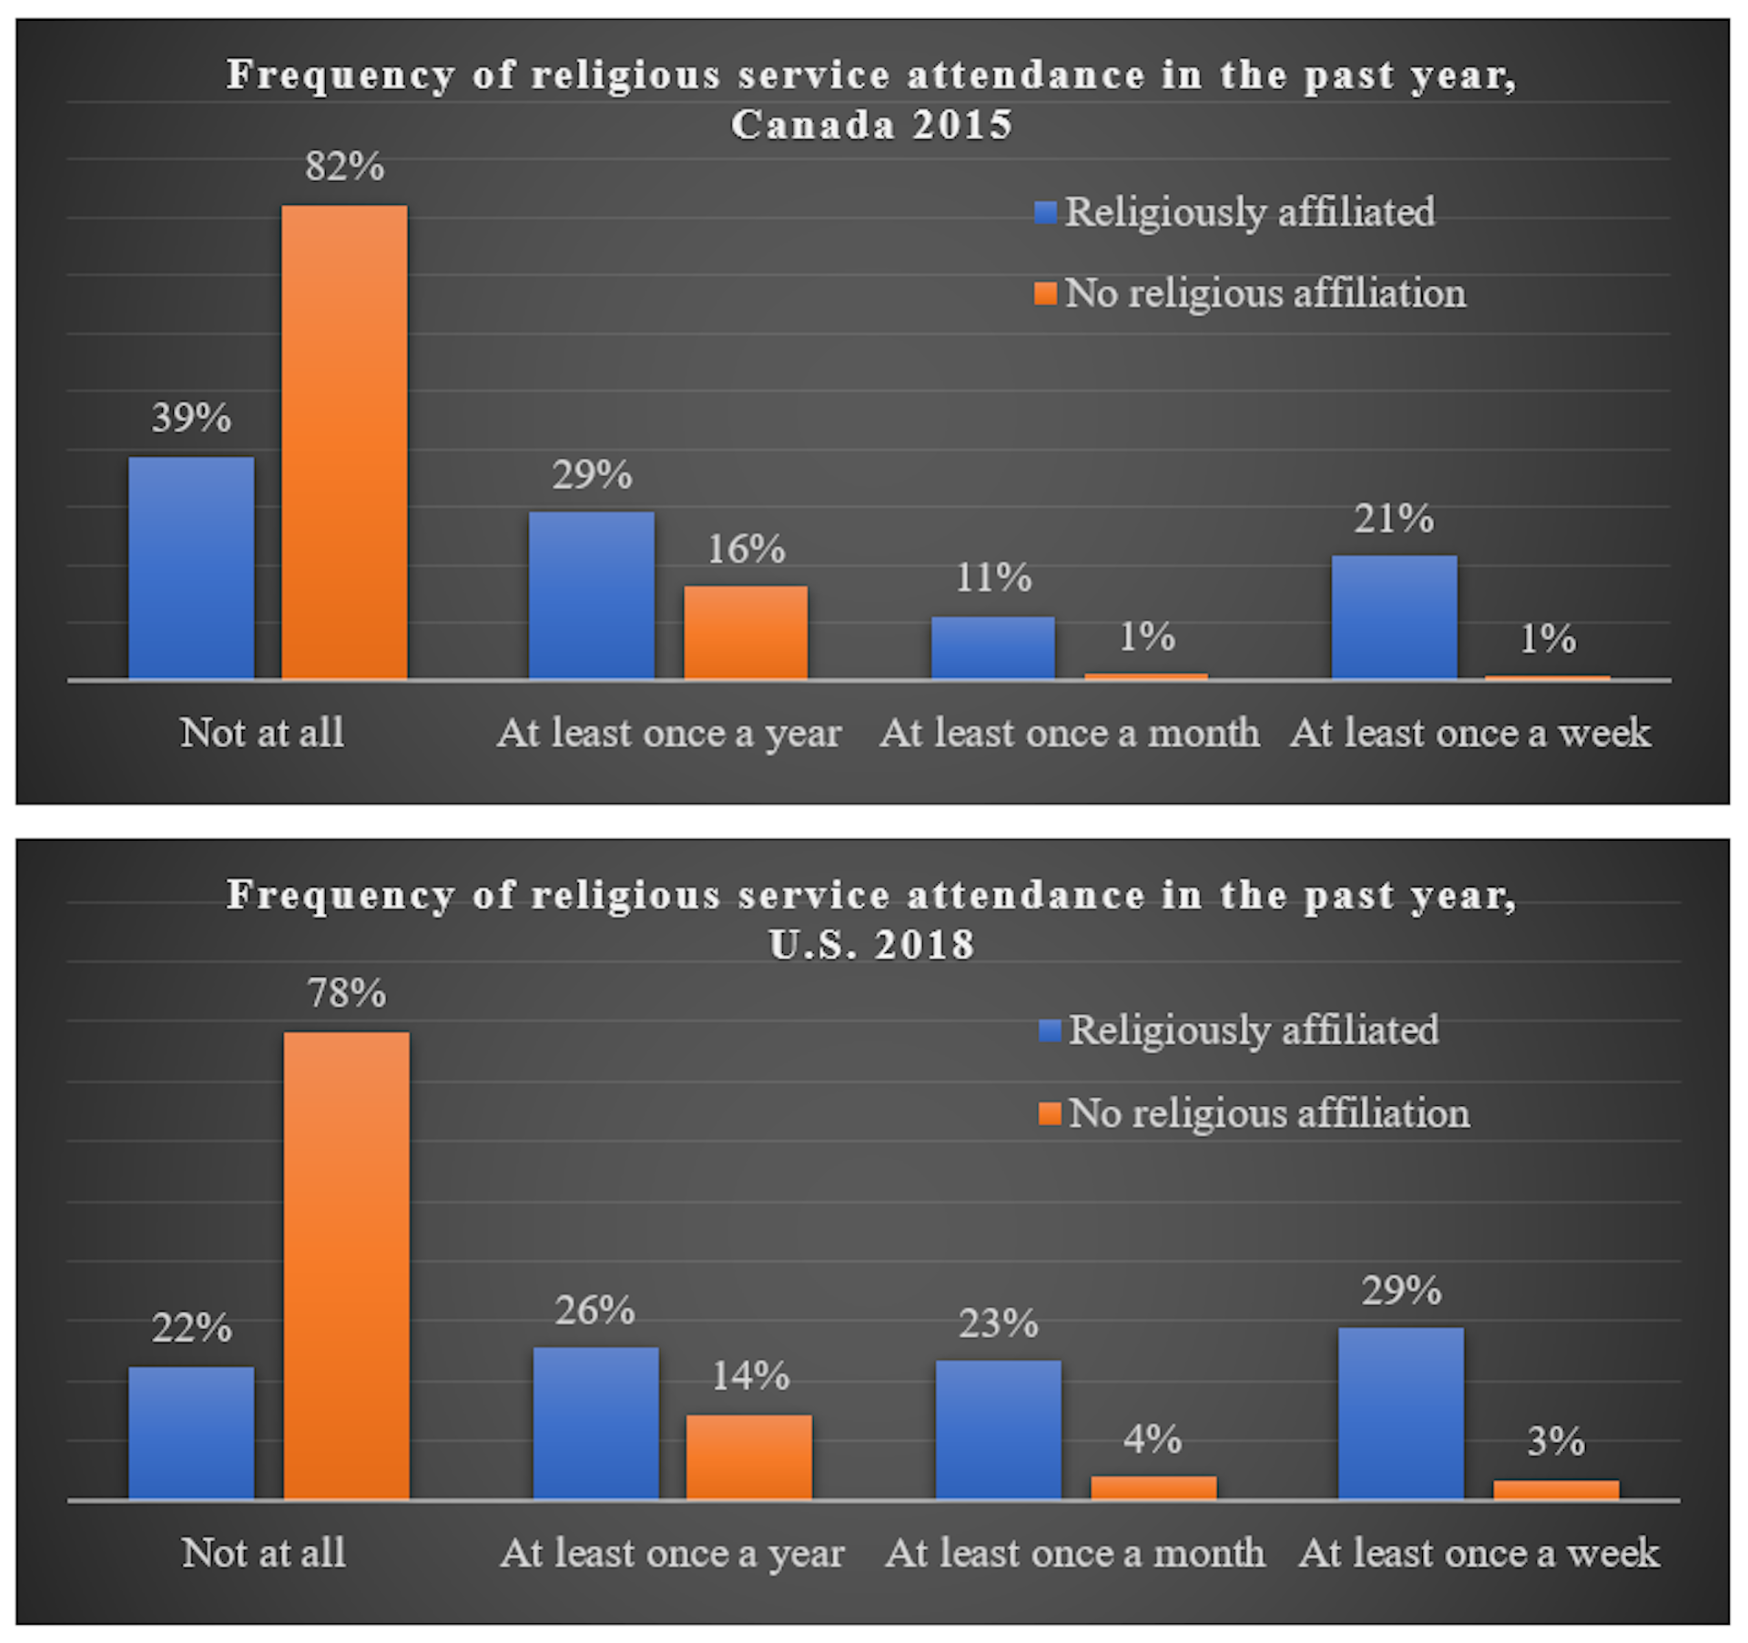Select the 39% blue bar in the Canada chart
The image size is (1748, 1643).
(x=191, y=568)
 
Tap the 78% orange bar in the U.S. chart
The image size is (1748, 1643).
(x=347, y=1265)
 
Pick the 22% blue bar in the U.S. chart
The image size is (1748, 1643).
(x=191, y=1433)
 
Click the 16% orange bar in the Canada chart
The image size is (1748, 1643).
(x=746, y=633)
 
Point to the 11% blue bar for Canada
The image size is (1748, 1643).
(x=992, y=648)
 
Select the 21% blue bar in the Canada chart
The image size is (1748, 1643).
(x=1394, y=617)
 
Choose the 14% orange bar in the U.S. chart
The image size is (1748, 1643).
(x=749, y=1456)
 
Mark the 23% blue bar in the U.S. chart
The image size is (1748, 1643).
(x=999, y=1429)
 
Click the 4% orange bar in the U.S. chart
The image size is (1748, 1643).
(x=1153, y=1487)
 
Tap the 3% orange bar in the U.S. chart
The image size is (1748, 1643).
(x=1556, y=1489)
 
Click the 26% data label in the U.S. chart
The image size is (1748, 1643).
(x=595, y=1311)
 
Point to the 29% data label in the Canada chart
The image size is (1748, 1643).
(x=592, y=475)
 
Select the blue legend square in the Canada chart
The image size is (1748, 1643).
(x=1046, y=213)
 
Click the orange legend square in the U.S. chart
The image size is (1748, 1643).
(x=1050, y=1113)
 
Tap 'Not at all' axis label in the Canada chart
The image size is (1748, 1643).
(x=262, y=733)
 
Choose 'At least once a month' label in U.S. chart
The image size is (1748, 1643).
(x=1075, y=1553)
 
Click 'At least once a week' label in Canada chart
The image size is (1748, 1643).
(x=1470, y=733)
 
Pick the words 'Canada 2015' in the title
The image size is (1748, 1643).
(x=871, y=125)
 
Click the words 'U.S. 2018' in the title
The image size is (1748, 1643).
(x=871, y=945)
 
